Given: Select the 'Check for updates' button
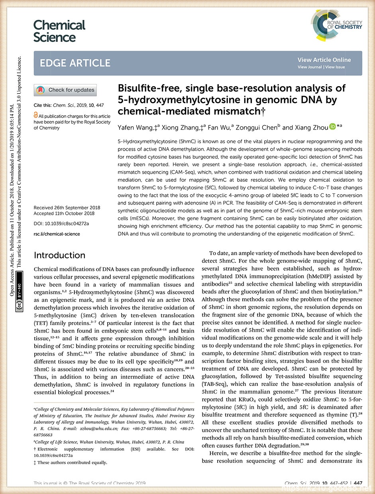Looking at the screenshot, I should [x=65, y=90].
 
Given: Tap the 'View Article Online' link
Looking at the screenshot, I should [x=324, y=60].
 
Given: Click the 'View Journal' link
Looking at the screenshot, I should [x=310, y=67].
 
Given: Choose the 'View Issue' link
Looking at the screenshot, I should [x=335, y=67].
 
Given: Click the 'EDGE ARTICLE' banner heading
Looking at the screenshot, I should [x=75, y=63].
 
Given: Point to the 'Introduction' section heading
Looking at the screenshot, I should [x=59, y=255].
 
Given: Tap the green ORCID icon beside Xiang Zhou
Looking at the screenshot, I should [x=333, y=127].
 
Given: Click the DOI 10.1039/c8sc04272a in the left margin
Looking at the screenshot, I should [x=61, y=224].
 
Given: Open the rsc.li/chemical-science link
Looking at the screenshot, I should [x=57, y=234].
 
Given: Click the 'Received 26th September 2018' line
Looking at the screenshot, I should [x=67, y=208].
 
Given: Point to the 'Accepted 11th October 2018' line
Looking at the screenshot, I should [x=67, y=213].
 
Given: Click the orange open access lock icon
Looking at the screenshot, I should [x=36, y=115].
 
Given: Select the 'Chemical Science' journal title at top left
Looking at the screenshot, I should [x=59, y=31].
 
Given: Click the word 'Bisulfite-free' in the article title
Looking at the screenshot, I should [x=147, y=89].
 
